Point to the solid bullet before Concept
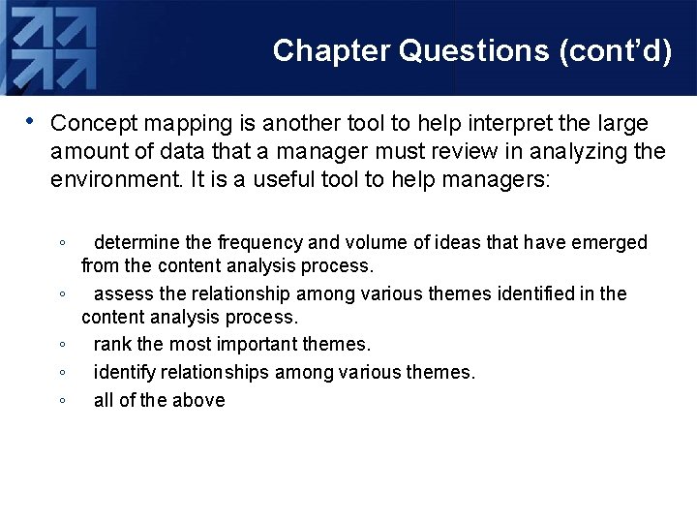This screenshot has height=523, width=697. coord(31,121)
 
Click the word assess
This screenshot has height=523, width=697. coord(121,293)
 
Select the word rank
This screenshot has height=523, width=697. coord(111,345)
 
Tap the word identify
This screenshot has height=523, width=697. coord(124,372)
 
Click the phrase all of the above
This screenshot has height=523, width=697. coord(159,400)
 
